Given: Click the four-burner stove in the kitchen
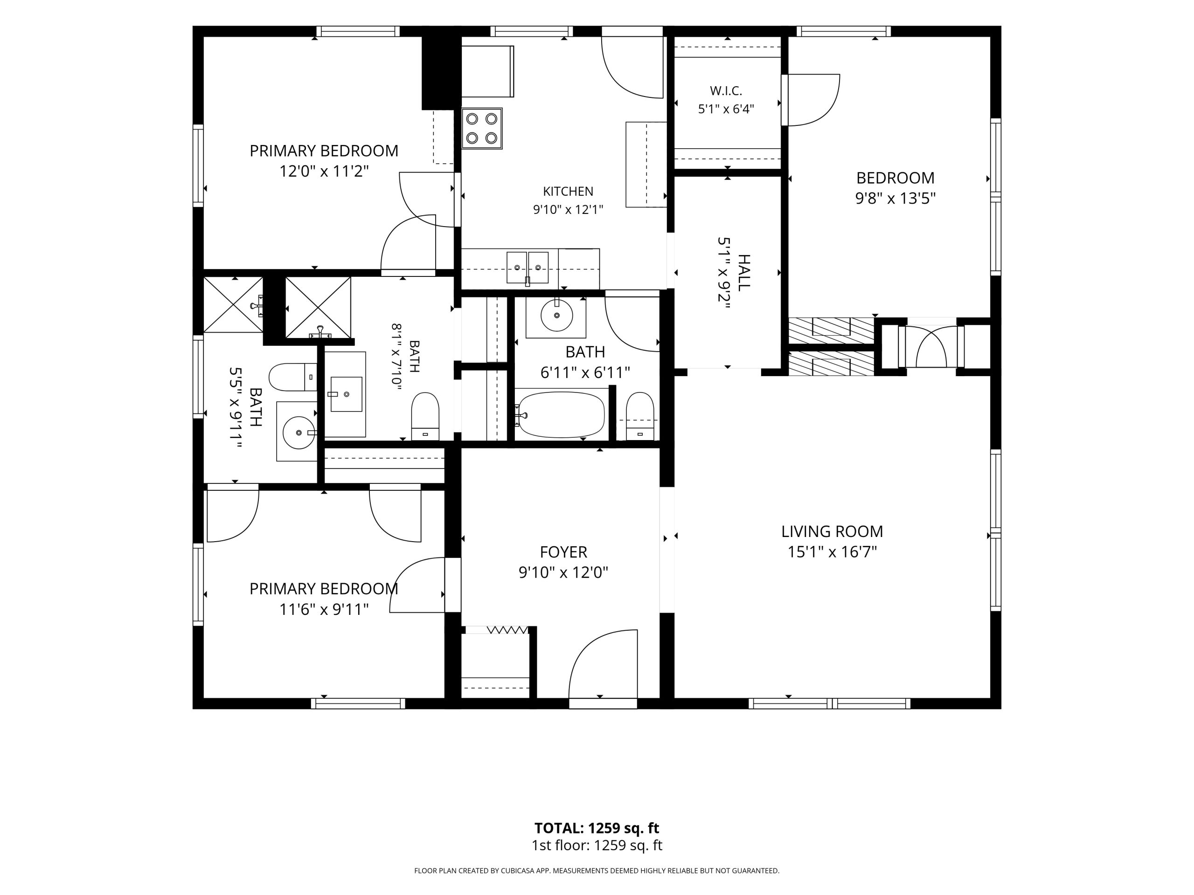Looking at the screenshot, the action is point(482,128).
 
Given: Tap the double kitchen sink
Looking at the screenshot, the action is point(528,267).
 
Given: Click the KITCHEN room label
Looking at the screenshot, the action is point(568,192).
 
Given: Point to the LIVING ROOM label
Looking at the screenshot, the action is point(832,532).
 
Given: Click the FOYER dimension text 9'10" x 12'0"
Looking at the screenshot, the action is point(563,572).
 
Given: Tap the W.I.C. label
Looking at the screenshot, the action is point(726,90).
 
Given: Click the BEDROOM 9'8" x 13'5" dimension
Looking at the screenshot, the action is point(895,199).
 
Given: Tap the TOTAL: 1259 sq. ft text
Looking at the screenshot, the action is point(597,828).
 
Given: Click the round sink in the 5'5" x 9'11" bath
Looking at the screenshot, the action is point(298,432).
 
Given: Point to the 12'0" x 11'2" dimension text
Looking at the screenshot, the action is point(324,172).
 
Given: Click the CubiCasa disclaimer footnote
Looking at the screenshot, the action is point(597,871).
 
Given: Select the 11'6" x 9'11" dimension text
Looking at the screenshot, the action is point(324,610).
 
